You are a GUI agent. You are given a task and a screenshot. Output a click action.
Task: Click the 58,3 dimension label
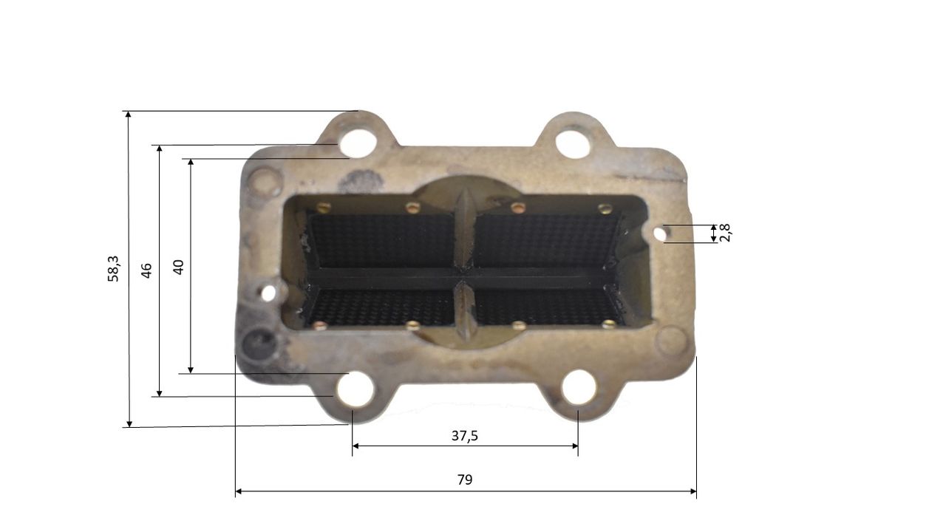[x=113, y=269]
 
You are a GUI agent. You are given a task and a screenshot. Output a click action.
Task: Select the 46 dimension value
[x=146, y=270]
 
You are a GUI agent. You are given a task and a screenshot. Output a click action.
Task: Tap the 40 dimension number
[x=179, y=267]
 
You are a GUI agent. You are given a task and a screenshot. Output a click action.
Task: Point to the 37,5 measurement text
[x=465, y=436]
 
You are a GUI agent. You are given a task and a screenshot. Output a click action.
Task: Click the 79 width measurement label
[x=465, y=480]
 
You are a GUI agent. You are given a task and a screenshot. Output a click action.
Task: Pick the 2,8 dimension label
[x=725, y=232]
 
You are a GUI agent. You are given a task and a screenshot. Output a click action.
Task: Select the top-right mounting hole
[x=572, y=144]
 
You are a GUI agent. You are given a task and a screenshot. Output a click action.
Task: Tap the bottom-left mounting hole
[x=355, y=389]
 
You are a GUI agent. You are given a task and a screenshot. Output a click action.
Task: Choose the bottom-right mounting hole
[x=579, y=388]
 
